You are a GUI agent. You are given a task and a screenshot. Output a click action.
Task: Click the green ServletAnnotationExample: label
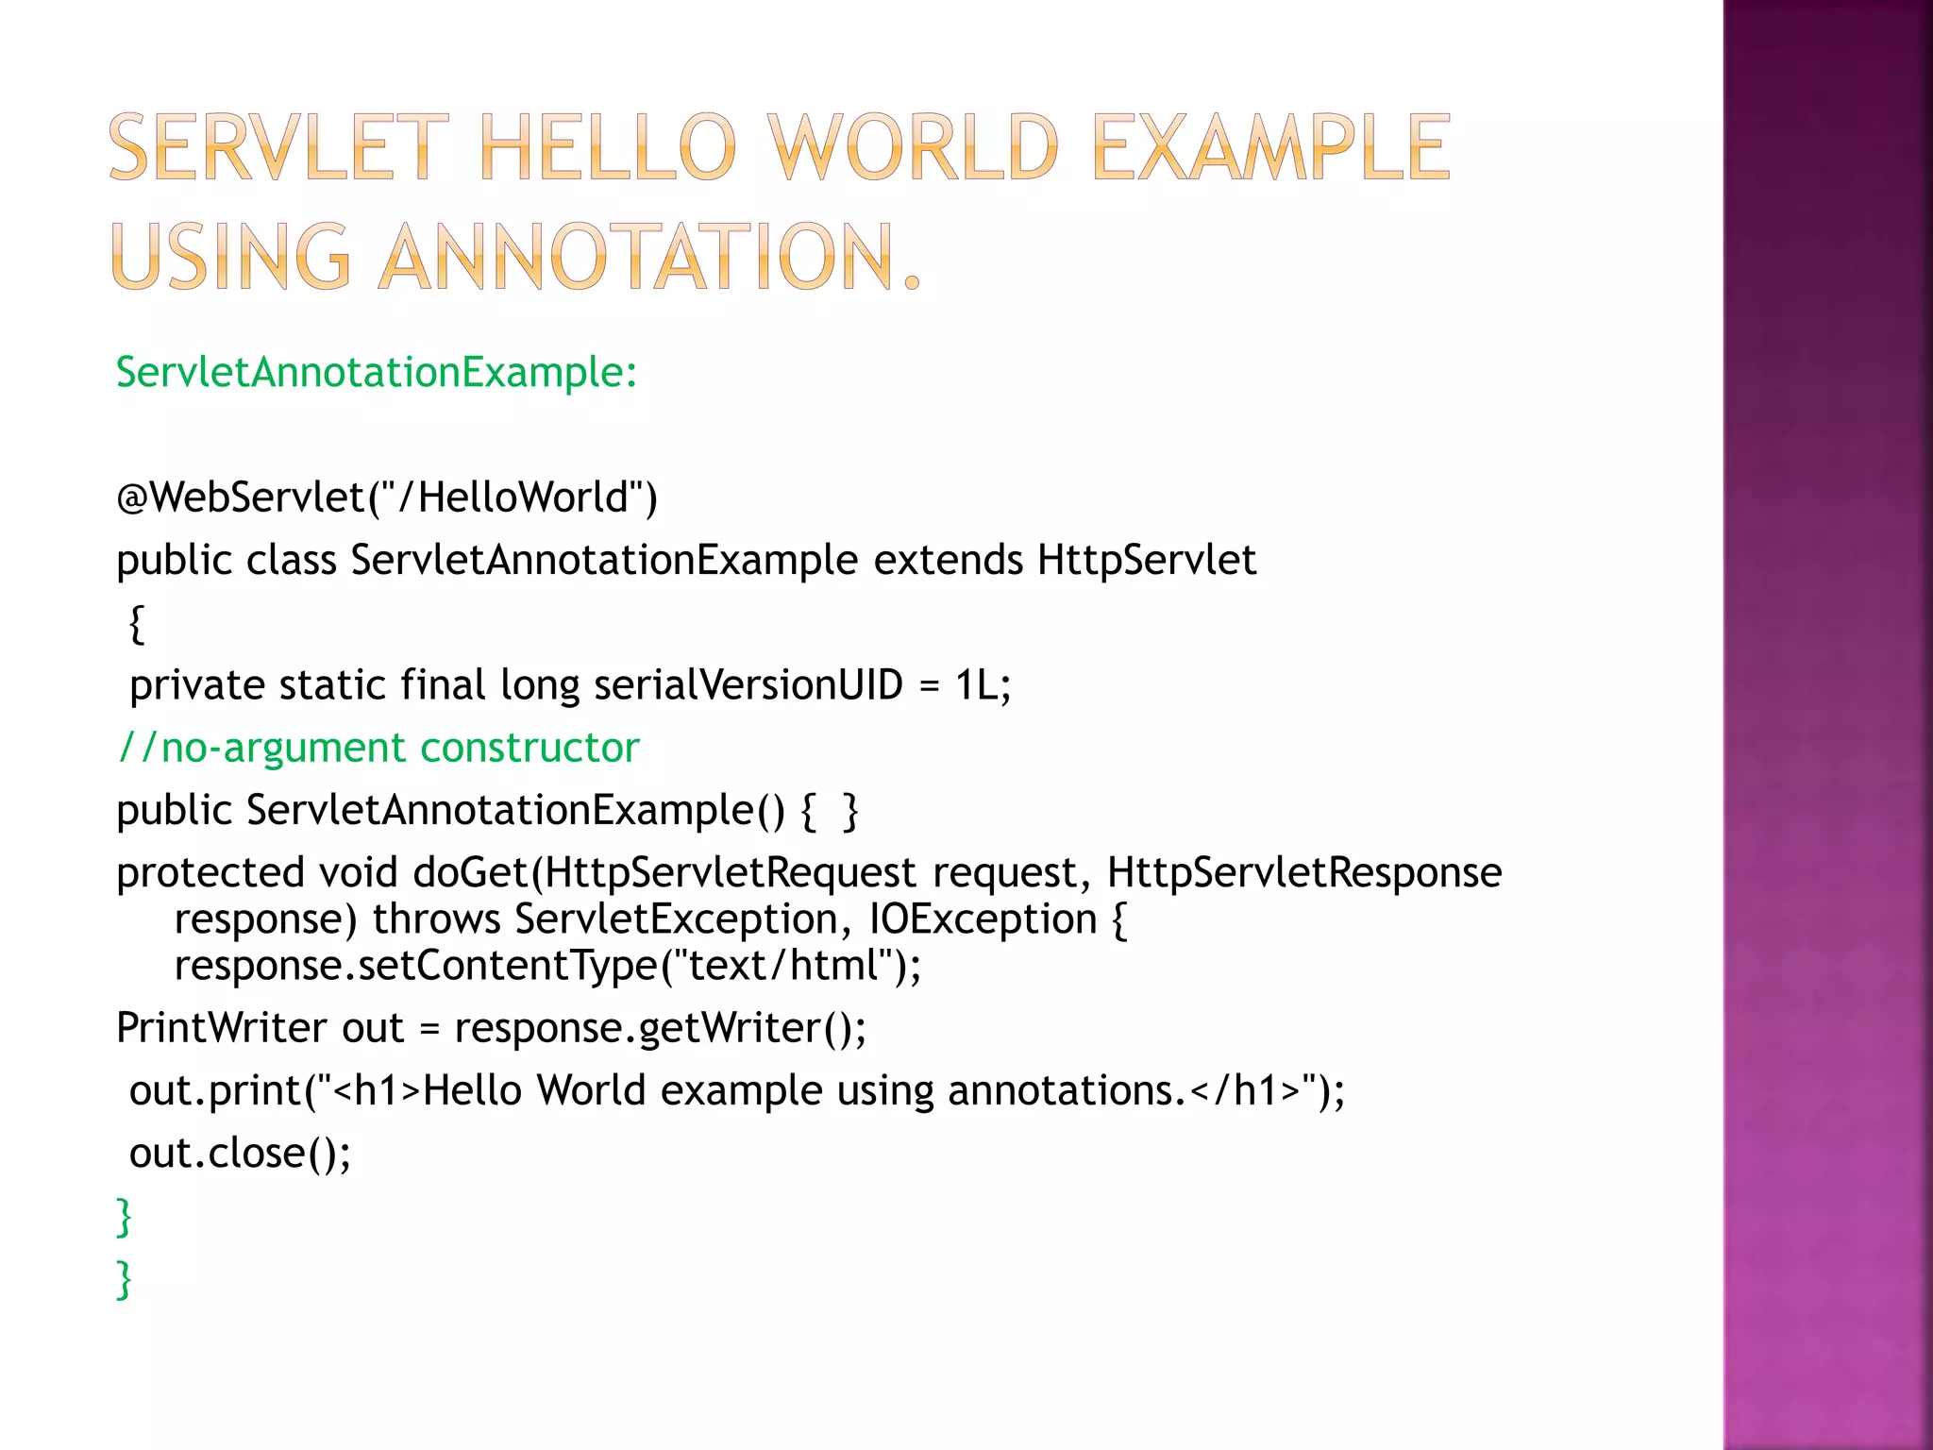coord(377,372)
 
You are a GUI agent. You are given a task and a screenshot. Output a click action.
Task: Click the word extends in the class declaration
coord(948,560)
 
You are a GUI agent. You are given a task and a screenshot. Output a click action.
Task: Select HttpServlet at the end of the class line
coord(1147,560)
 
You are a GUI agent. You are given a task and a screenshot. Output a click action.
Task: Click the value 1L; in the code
coord(983,684)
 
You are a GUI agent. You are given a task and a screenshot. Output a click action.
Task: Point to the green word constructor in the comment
coord(529,748)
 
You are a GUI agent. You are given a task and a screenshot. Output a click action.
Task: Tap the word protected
coord(210,872)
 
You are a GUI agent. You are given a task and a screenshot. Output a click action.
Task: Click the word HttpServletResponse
coord(1304,872)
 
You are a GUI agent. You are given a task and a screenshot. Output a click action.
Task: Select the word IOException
coord(983,919)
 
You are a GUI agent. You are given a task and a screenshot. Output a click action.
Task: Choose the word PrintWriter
coord(221,1027)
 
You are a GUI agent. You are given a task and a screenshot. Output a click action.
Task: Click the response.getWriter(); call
coord(660,1027)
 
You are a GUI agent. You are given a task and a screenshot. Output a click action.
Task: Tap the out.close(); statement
coord(240,1153)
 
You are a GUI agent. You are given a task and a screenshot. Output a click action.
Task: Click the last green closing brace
coord(124,1278)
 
